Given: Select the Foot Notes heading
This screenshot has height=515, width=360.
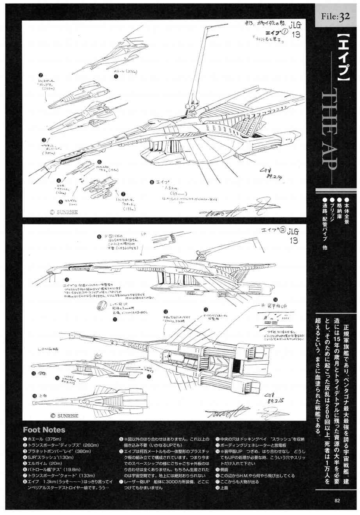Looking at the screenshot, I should (x=44, y=430).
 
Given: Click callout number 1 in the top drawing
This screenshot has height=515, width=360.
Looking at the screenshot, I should (x=116, y=77).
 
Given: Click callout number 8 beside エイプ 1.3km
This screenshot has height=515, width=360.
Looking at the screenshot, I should (x=152, y=182).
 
